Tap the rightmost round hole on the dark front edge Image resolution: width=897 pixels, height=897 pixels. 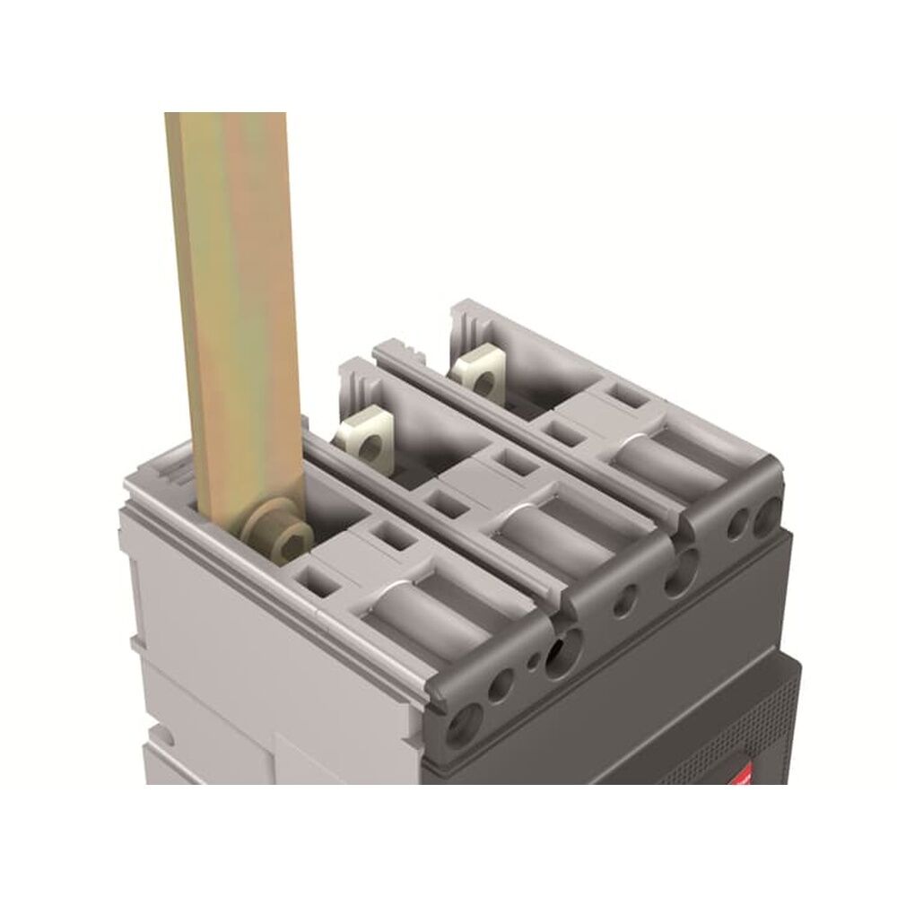pyautogui.click(x=767, y=518)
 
